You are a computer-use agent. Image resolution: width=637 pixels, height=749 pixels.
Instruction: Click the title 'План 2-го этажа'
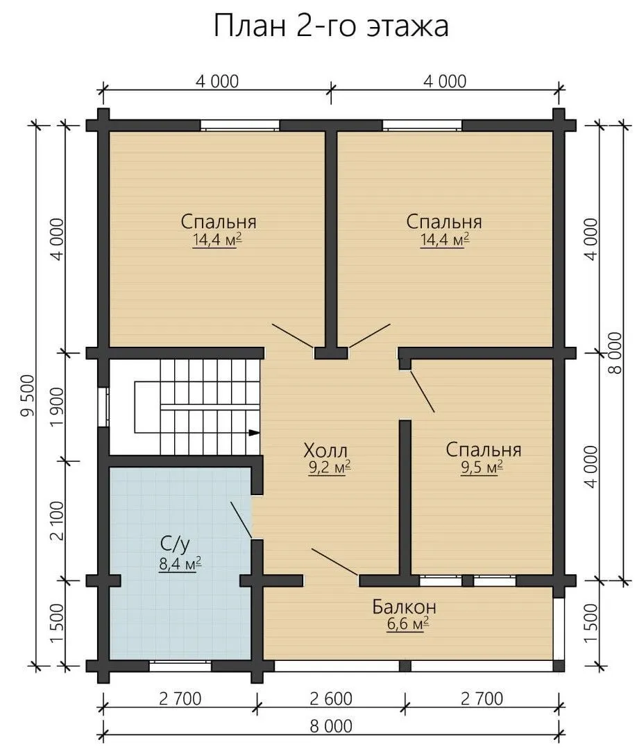331,26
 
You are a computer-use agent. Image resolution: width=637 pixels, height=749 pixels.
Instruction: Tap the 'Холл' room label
325,450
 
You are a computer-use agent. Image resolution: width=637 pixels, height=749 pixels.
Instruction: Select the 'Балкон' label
405,607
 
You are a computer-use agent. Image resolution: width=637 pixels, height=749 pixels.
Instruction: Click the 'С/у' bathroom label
175,543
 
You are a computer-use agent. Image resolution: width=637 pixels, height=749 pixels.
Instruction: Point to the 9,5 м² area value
482,467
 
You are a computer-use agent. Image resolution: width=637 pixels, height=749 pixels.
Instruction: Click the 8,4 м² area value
180,564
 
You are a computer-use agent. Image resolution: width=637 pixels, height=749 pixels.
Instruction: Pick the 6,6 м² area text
407,624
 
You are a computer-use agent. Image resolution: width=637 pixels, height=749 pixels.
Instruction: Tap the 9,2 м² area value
330,467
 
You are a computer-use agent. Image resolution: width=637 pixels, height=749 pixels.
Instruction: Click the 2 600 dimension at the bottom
331,698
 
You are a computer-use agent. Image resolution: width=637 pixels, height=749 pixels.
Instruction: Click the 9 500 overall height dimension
28,396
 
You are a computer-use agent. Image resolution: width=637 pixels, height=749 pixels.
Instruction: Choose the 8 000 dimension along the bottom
331,726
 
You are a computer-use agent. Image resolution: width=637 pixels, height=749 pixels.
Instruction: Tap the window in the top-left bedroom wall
239,126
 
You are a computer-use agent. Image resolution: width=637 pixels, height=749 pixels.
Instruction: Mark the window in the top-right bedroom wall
422,126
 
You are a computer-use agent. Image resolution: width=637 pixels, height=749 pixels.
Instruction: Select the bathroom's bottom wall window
180,666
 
